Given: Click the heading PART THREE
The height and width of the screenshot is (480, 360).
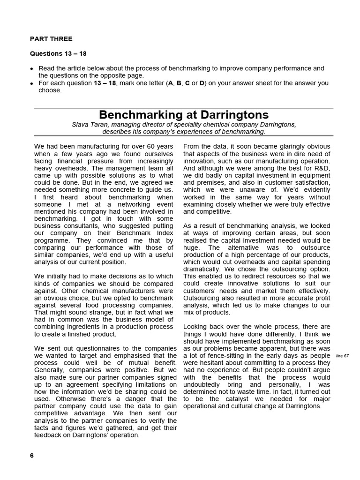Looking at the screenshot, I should tap(51, 39).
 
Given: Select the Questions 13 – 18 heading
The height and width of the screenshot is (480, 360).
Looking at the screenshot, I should tap(58, 54).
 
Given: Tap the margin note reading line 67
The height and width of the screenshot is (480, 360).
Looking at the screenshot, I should tap(342, 356).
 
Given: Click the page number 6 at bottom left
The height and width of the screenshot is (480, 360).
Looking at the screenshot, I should tap(32, 456).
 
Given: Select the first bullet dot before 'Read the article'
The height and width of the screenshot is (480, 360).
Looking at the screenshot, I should tap(31, 68).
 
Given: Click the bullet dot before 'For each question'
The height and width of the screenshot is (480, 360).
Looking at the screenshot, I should tap(31, 83).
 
